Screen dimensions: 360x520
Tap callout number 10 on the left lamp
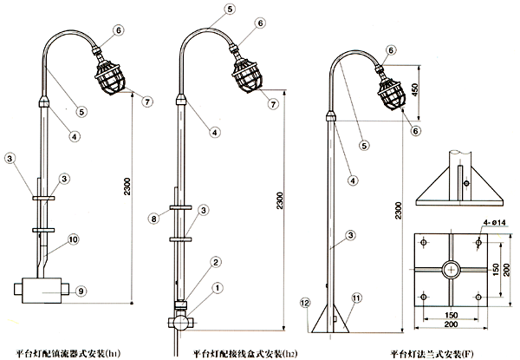[73, 239]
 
